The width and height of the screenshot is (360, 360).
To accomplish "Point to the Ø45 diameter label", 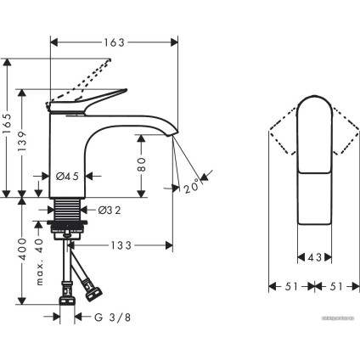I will (x=69, y=176).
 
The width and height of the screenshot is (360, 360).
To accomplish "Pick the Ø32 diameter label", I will (x=107, y=209).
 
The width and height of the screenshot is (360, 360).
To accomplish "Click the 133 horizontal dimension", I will (x=120, y=246).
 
